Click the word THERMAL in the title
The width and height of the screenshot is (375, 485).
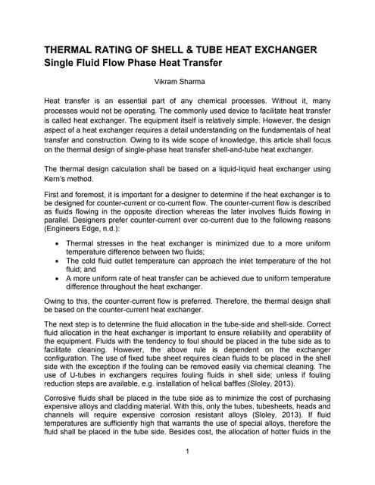(77, 50)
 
